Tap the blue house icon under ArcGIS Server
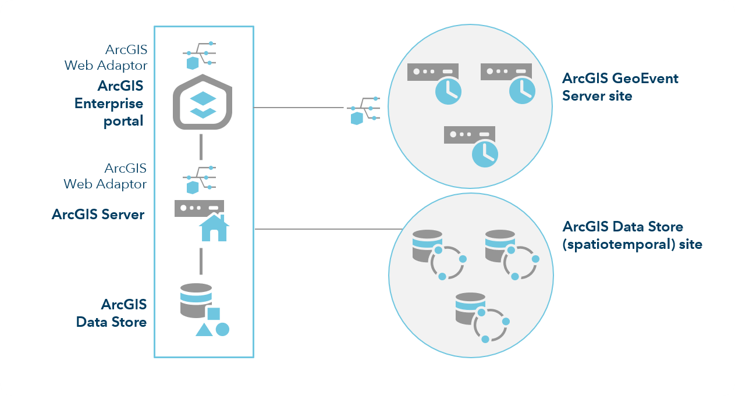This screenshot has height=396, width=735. [214, 228]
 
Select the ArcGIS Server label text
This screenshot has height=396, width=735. [98, 214]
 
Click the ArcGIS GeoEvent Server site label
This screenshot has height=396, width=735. [620, 87]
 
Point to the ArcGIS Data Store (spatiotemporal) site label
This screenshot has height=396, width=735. [632, 235]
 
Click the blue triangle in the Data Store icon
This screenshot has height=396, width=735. [204, 330]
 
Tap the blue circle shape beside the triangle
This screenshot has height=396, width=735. [222, 329]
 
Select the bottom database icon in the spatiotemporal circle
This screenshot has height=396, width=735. [470, 308]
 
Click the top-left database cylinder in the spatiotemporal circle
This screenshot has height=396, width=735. [427, 245]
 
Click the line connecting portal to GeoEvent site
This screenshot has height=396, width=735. [298, 108]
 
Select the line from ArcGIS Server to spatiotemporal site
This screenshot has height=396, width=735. [326, 229]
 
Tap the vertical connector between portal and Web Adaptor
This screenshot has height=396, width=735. [200, 147]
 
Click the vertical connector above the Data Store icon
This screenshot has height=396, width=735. [200, 261]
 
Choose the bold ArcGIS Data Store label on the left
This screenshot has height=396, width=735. [111, 313]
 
